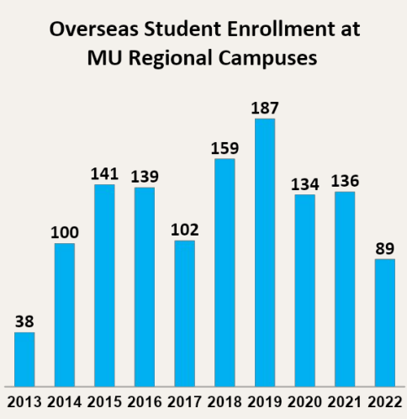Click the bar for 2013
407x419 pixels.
point(24,359)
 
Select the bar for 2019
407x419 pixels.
point(264,252)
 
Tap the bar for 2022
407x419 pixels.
point(384,323)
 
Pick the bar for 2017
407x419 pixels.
point(184,314)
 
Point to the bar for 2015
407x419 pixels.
point(104,285)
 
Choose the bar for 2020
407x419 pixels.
point(304,290)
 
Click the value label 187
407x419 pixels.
point(264,108)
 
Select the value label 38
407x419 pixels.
point(24,321)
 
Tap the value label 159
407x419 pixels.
point(224,147)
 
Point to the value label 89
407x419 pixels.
point(384,247)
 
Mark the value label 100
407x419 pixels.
point(64,231)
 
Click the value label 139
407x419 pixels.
point(144,176)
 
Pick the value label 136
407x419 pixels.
point(344,180)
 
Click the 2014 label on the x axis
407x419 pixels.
point(64,400)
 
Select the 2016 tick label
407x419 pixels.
point(144,400)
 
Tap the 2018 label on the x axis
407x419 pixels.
point(224,400)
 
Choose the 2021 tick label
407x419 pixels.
point(344,400)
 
